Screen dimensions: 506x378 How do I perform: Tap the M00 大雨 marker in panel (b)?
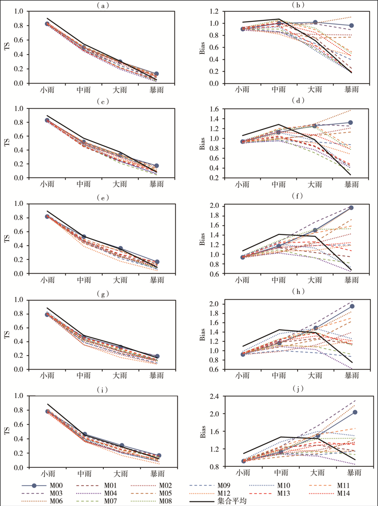pyautogui.click(x=315, y=22)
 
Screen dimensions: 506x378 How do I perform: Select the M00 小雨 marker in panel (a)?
pyautogui.click(x=47, y=24)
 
